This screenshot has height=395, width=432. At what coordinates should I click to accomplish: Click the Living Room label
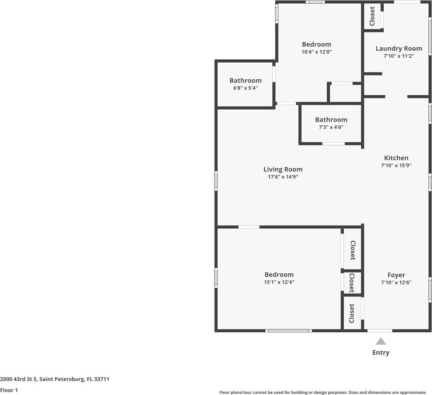[283, 169]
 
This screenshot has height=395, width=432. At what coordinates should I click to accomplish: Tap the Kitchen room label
[396, 158]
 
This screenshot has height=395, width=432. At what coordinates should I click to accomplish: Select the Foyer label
[396, 275]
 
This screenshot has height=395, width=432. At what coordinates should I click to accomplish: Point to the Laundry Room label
[399, 48]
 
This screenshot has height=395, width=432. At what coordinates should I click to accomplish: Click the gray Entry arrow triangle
[381, 341]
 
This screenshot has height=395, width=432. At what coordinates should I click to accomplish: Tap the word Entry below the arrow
[381, 353]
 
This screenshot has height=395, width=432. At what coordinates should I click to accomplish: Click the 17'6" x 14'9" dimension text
[283, 177]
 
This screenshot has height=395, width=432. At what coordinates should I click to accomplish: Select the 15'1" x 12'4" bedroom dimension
[279, 282]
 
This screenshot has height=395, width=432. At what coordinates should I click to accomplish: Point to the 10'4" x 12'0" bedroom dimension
[316, 52]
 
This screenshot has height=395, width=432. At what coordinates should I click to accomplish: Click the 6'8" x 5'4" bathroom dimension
[246, 88]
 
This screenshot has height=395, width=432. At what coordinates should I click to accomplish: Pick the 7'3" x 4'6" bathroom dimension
[331, 127]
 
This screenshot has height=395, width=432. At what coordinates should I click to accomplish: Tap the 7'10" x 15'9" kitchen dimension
[396, 165]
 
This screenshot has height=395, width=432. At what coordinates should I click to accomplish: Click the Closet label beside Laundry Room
[372, 16]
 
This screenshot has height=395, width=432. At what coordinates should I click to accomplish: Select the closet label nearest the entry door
[352, 313]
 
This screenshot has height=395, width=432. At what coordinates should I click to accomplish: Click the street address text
[54, 379]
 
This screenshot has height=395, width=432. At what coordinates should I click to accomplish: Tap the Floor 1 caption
[9, 390]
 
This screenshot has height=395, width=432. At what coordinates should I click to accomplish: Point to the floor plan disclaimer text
[323, 392]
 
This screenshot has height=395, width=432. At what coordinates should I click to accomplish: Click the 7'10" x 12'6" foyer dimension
[396, 282]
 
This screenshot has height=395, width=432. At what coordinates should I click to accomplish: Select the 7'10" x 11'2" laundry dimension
[399, 56]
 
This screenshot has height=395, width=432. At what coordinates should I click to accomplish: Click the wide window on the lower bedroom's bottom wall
[289, 331]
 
